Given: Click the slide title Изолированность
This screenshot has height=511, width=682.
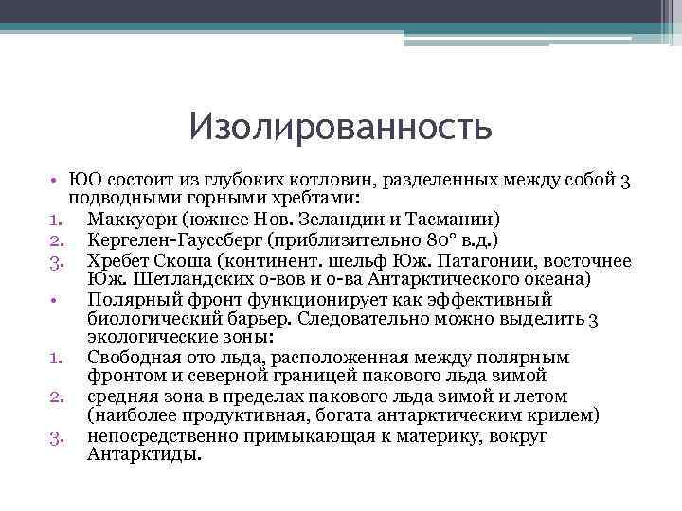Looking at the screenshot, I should pyautogui.click(x=340, y=126).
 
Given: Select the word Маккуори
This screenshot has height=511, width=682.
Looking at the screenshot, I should pyautogui.click(x=125, y=220).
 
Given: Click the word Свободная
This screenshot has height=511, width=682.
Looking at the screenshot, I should pyautogui.click(x=133, y=358).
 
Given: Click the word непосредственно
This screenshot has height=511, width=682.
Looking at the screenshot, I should pyautogui.click(x=157, y=435).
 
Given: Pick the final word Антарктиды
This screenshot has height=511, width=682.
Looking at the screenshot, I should pyautogui.click(x=145, y=454).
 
